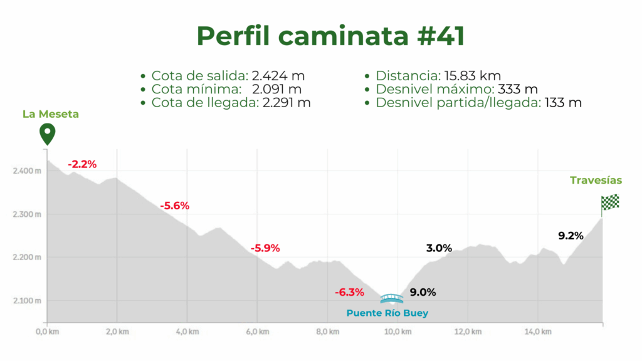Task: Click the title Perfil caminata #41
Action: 330,36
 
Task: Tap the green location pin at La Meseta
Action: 46,133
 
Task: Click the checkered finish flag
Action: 610,202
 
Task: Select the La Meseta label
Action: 51,114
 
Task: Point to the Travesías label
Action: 596,180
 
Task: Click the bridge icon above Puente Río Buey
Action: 392,298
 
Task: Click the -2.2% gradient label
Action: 83,164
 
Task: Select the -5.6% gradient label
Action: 174,206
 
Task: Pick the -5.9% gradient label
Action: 265,248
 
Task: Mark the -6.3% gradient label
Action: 349,292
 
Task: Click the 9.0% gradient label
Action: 423,292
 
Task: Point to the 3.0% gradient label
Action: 439,248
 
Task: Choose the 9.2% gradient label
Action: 571,236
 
